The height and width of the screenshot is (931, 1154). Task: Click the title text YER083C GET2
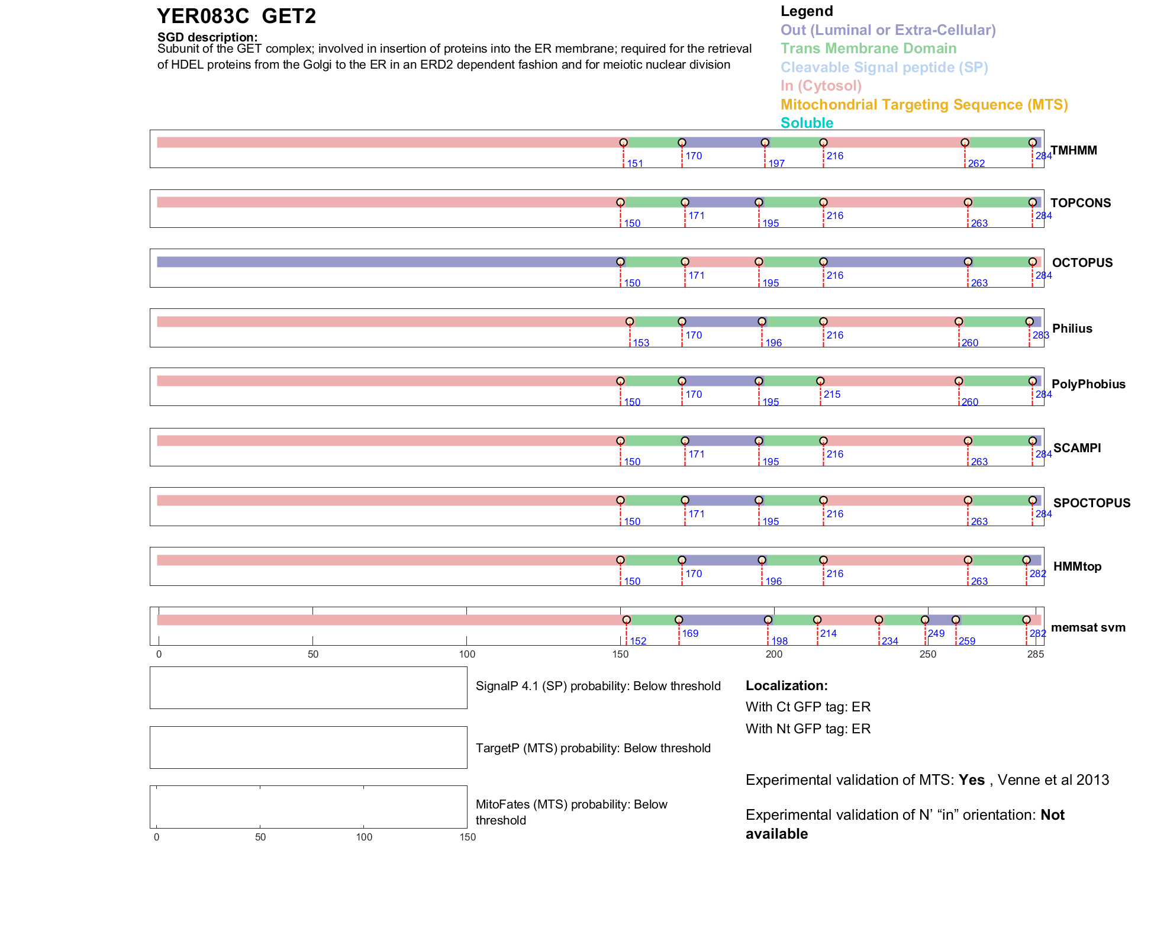pos(236,17)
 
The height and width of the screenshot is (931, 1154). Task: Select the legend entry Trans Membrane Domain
pos(868,49)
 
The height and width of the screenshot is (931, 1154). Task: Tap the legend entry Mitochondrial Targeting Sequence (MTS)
pos(924,105)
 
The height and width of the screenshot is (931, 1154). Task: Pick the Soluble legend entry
pos(807,123)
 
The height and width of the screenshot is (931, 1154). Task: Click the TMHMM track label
pos(1074,150)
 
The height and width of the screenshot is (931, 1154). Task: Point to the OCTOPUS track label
pos(1082,263)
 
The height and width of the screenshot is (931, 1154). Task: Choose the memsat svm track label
pos(1088,627)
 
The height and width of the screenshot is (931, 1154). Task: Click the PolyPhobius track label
pos(1088,384)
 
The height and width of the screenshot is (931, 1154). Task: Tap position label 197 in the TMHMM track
pos(776,164)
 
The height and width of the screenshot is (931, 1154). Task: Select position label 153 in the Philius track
pos(641,343)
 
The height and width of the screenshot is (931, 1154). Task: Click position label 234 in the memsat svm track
pos(889,642)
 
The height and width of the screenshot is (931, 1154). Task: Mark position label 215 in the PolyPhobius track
pos(831,395)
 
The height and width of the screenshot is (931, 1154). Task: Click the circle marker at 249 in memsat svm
pos(925,620)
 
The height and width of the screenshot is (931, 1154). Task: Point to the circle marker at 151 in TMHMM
pos(623,143)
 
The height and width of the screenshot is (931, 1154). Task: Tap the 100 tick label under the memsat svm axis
pos(467,655)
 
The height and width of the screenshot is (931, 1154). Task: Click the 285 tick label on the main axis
pos(1036,655)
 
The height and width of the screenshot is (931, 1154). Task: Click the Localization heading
pos(786,686)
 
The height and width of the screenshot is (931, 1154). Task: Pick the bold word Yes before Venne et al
pos(971,780)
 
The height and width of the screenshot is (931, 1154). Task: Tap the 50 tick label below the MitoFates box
pos(260,837)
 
